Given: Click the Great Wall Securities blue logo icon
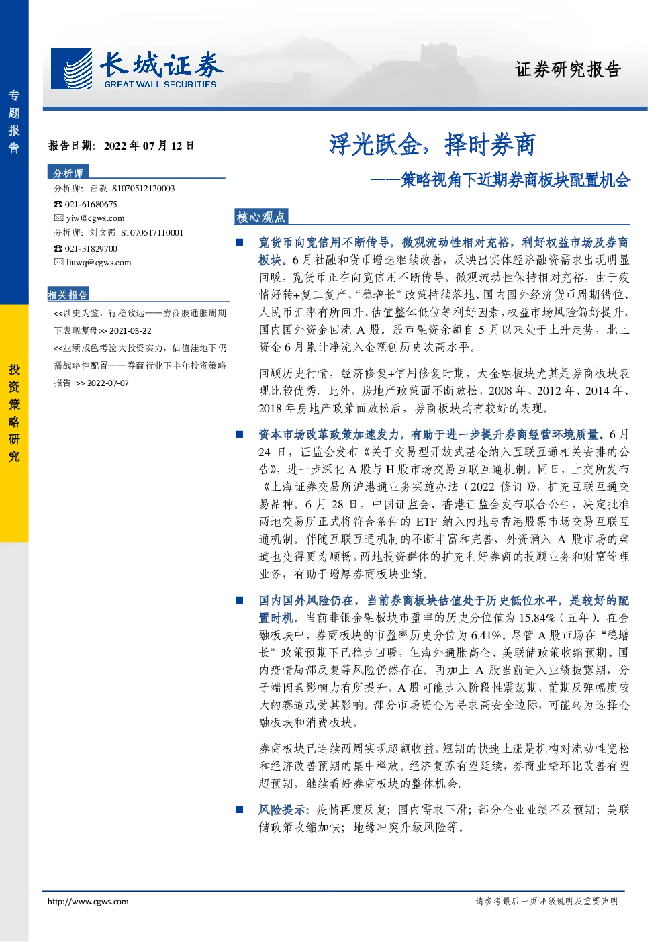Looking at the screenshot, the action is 71,69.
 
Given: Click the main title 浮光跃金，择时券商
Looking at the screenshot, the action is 432,144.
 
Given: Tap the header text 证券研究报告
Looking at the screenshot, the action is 568,69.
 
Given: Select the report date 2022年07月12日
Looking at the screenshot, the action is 149,146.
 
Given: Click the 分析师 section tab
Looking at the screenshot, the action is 68,173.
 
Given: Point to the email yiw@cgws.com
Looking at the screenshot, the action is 95,218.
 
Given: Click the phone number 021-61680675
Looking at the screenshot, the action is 91,205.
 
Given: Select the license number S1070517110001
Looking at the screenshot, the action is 152,233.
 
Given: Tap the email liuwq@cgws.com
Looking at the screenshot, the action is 99,263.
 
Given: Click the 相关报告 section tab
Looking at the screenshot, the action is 68,295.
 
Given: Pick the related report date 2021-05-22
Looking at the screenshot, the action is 130,331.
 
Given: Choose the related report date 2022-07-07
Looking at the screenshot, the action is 108,383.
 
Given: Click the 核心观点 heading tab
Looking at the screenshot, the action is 260,217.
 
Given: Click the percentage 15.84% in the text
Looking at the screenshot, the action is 537,618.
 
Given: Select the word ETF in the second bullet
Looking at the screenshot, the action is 427,522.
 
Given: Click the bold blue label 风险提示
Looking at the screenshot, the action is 284,810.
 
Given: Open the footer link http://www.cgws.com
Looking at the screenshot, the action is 88,902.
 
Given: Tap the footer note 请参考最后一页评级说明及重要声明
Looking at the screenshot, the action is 546,901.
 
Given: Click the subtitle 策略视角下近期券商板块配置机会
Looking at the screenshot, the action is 515,180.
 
